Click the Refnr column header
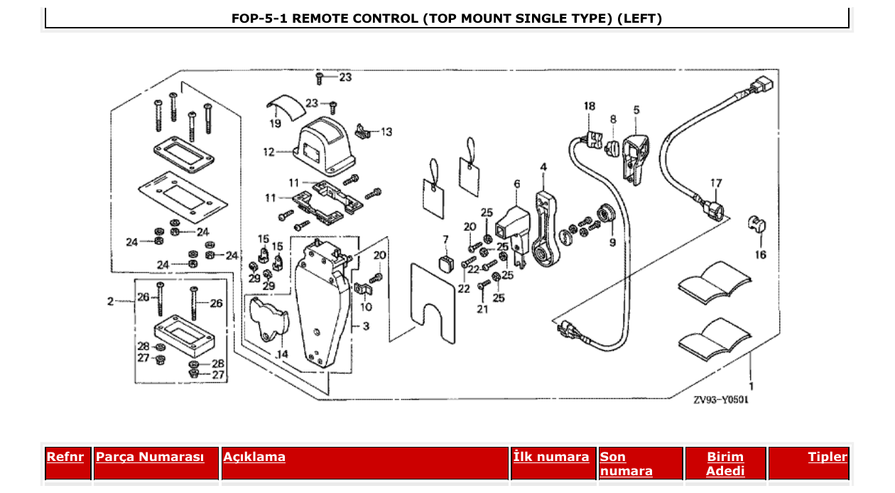65,457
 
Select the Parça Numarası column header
150,457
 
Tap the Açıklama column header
254,457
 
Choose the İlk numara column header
551,457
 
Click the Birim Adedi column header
725,463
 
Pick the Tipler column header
828,457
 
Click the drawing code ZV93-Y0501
720,400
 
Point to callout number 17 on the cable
716,183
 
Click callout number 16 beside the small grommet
760,254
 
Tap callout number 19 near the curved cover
275,123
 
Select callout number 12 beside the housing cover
268,151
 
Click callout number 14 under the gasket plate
282,353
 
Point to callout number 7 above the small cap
445,239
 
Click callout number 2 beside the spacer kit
110,301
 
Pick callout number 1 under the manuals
751,386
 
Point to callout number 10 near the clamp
366,307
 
